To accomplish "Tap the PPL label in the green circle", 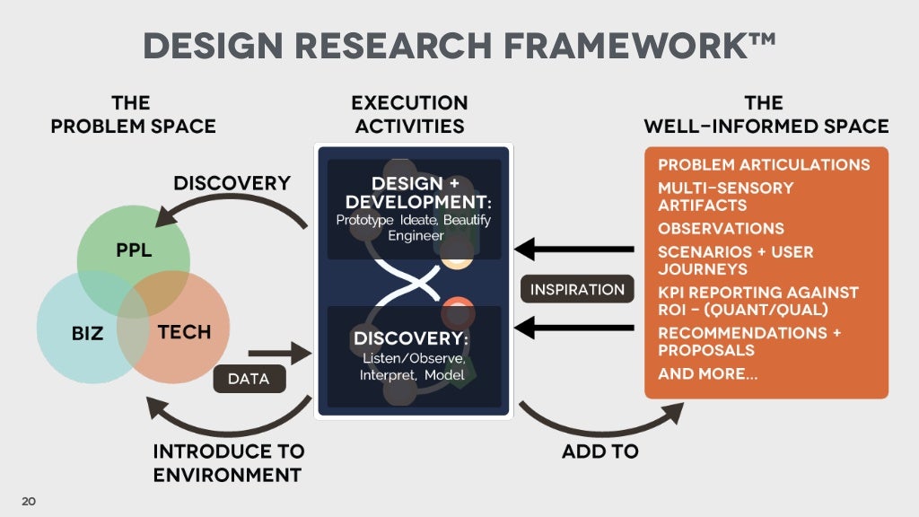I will coord(134,250).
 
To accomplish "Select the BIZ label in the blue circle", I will coord(88,334).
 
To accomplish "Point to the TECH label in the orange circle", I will coord(184,332).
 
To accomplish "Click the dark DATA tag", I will coord(249,379).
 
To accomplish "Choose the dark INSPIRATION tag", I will coord(577,290).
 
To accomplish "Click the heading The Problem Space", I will coord(133,115).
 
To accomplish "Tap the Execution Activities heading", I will coord(409,115).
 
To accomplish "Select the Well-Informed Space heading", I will coord(766,115).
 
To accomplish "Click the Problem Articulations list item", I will coord(764,165).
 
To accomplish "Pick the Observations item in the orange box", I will coord(721,228).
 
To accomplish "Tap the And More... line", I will coord(707,373).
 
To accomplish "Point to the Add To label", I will coord(600,451).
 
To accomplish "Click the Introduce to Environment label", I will coord(228,462).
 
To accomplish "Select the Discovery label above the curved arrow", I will coord(232,183).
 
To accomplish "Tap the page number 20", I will coord(29,501).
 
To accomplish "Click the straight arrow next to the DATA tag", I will coord(278,356).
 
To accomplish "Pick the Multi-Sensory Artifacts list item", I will coord(725,197).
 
